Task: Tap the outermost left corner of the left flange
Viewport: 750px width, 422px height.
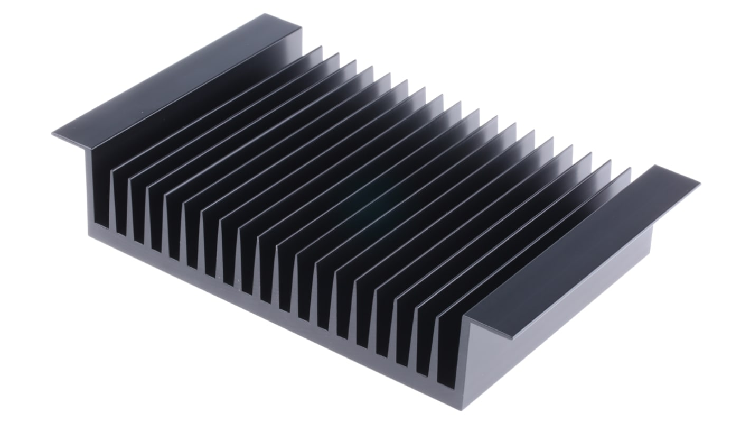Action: pos(53,134)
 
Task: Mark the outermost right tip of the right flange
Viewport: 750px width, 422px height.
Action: pos(699,183)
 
